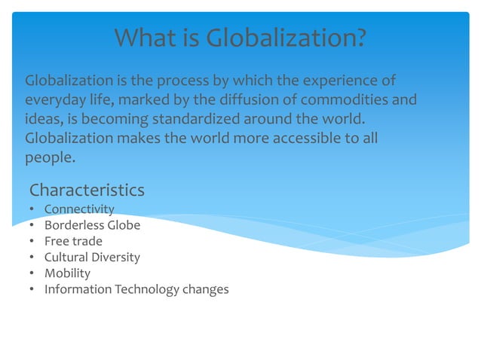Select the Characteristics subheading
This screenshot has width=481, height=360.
point(87,189)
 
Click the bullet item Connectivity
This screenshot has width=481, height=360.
point(79,209)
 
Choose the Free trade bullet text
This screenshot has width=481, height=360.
point(73,241)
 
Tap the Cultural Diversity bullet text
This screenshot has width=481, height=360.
point(92,257)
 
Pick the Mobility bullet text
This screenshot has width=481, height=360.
point(67,273)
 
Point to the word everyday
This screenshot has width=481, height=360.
point(54,100)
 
